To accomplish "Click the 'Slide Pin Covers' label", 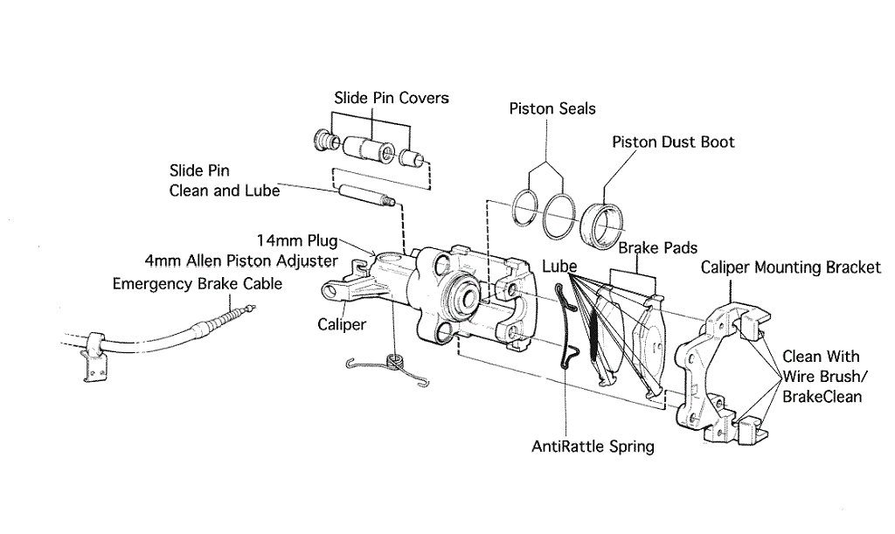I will click(x=392, y=97).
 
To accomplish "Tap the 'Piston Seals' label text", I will click(x=552, y=108).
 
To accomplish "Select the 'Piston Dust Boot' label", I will click(x=673, y=142).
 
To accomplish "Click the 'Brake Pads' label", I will click(x=658, y=248).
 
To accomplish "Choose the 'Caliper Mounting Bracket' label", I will click(x=791, y=267).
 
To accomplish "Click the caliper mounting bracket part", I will click(x=715, y=367).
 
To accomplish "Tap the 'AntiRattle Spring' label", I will click(x=593, y=447).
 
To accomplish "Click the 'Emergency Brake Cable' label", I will click(x=198, y=283).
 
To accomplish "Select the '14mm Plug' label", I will click(x=297, y=239).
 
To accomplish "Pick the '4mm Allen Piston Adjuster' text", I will click(x=241, y=260).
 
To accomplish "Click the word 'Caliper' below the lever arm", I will click(x=342, y=324).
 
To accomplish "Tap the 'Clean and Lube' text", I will click(x=225, y=190).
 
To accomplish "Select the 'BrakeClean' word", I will click(x=822, y=396).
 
